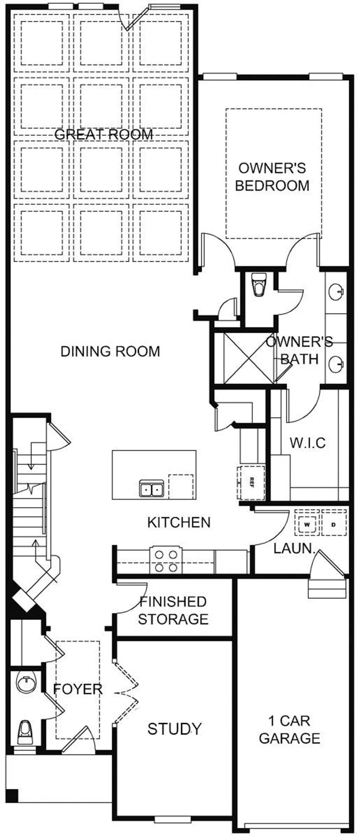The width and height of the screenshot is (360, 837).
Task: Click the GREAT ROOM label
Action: point(103,135)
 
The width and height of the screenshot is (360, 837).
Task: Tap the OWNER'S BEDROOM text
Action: point(272,177)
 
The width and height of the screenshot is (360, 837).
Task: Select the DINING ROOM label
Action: point(110,351)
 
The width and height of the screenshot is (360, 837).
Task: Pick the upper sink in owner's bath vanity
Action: point(335,292)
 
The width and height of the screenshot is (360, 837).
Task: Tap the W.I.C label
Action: point(308,443)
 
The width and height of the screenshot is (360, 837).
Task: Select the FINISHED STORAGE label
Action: point(173,610)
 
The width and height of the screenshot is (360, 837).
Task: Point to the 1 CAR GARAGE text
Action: point(289,729)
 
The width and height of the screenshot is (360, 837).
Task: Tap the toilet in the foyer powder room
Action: point(25,732)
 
